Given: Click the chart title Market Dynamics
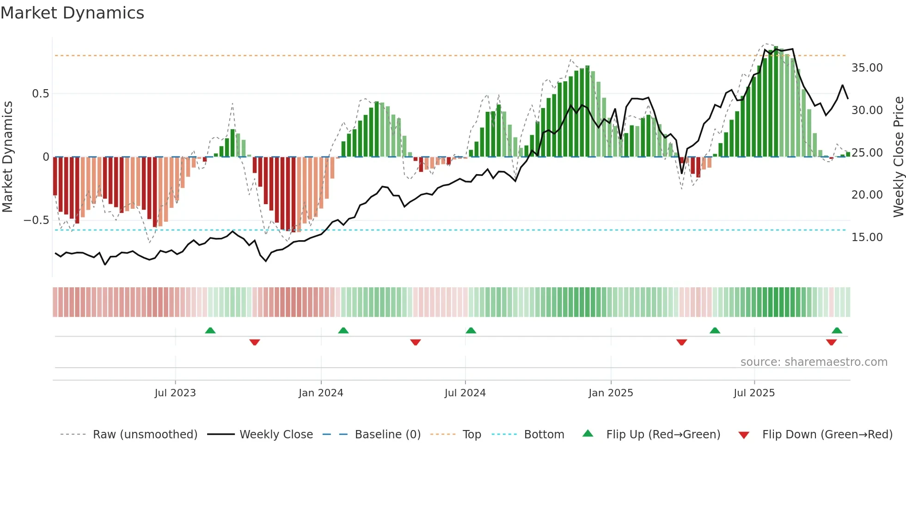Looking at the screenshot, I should pos(72,13).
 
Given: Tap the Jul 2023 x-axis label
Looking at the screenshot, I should pos(175,393).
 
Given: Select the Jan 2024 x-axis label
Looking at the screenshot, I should pos(321,393).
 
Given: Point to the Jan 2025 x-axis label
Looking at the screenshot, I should pos(611,393).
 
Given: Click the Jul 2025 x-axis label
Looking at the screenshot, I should pos(754,393).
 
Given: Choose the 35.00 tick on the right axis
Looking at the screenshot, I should pos(867,68).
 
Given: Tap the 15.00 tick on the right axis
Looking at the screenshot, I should pos(867,237).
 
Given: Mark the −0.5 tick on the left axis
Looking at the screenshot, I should pos(36,220).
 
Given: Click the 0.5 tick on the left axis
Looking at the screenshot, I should pos(40,94).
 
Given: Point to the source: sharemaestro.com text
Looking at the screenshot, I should pos(814,362).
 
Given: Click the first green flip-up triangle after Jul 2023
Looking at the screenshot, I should pos(210,331).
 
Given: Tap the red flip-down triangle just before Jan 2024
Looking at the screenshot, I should pos(255,342).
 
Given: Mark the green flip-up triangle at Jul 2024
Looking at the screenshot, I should pos(471,331).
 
